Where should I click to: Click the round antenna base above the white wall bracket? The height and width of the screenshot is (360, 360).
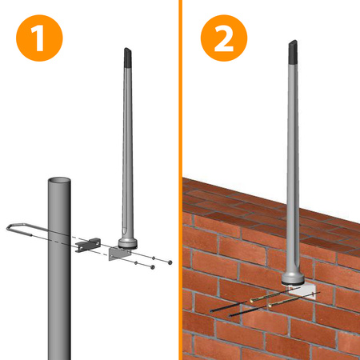pyautogui.click(x=294, y=275)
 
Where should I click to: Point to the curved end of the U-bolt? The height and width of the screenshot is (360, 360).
pyautogui.click(x=9, y=228)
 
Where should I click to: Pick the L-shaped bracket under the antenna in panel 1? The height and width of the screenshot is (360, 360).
pyautogui.click(x=120, y=253)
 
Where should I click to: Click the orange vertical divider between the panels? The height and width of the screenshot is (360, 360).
pyautogui.click(x=179, y=180)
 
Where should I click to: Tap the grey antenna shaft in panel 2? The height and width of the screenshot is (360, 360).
pyautogui.click(x=294, y=160)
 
